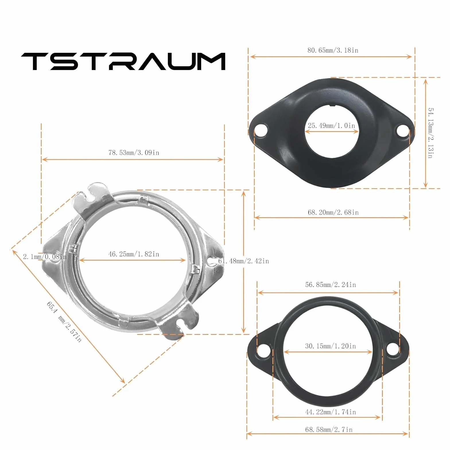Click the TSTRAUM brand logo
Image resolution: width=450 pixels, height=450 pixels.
tap(123, 61)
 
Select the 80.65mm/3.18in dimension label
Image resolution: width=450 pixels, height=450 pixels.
tap(333, 50)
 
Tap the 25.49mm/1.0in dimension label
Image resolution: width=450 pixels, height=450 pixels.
tap(331, 126)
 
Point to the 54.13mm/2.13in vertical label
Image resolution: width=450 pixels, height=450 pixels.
tap(430, 133)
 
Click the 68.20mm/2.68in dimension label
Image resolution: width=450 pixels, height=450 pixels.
tap(333, 212)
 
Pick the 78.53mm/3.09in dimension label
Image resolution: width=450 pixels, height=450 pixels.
tap(134, 153)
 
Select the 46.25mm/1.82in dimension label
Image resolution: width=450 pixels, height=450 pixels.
tap(134, 254)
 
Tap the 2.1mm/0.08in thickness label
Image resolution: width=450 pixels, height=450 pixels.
tap(45, 257)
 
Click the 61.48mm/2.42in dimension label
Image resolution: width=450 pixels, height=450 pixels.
tap(244, 261)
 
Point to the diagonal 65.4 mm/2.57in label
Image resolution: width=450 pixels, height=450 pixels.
tap(64, 321)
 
